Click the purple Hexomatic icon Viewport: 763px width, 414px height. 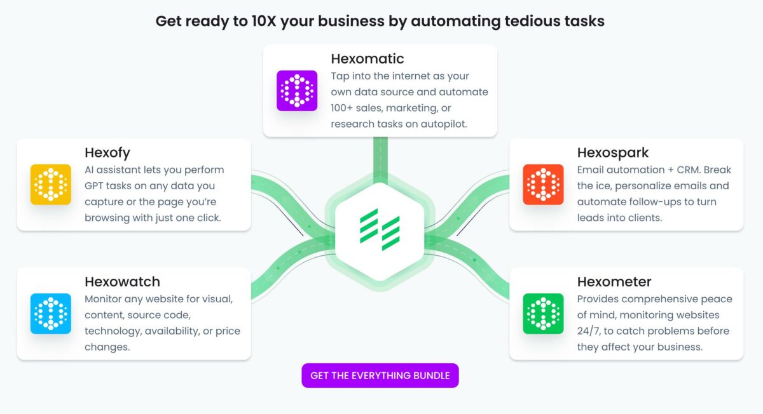coord(297,91)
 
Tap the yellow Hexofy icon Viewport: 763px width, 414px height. coord(51,185)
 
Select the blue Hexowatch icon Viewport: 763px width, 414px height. coord(51,314)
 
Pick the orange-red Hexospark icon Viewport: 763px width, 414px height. coord(543,185)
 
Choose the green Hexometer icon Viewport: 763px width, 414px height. coord(543,314)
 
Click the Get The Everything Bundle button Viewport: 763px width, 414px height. coord(380,375)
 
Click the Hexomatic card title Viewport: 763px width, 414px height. coord(368,59)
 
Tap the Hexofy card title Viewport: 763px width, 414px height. coord(107,153)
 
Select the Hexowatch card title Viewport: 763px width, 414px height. coord(122,282)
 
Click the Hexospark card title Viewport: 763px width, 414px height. coord(613,153)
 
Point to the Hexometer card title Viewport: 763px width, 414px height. coord(614,282)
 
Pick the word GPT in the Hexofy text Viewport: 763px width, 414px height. coord(97,186)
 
